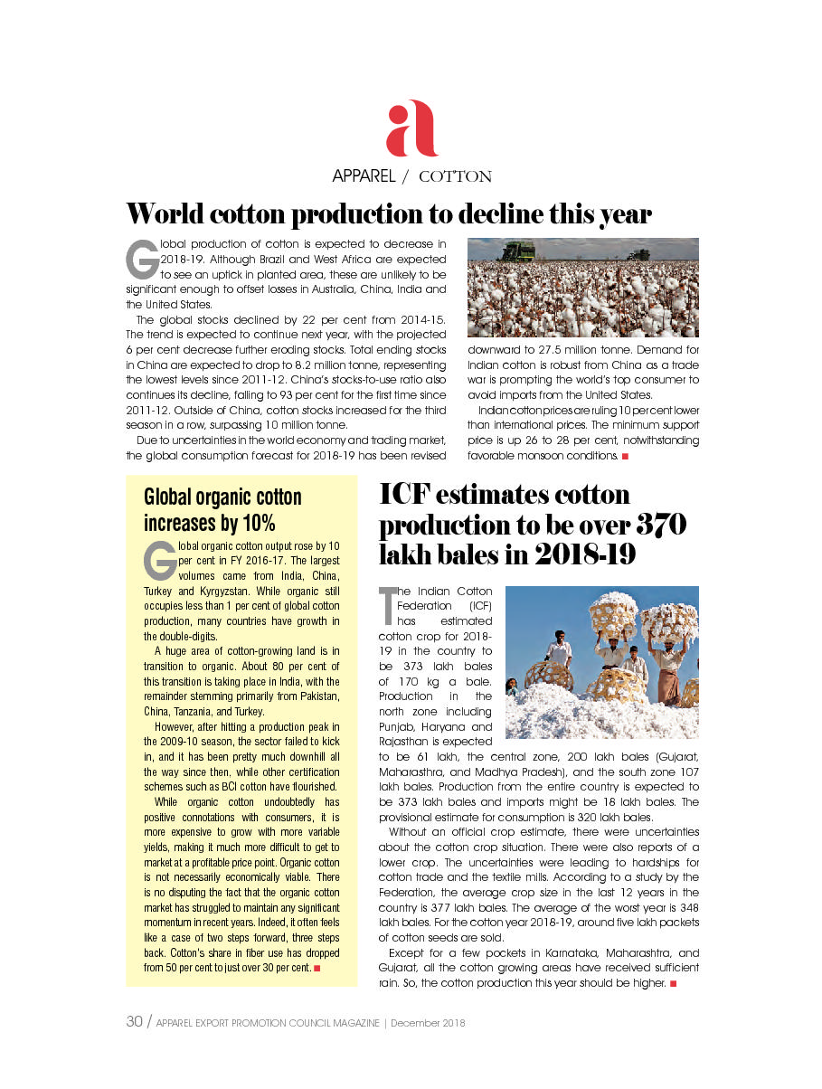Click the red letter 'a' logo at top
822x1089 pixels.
tap(411, 129)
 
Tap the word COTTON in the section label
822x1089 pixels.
tap(455, 176)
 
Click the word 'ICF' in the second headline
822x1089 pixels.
tap(407, 495)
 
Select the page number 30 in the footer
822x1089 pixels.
tap(134, 1022)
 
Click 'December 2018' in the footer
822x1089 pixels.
tap(428, 1023)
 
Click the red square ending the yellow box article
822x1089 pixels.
tap(317, 969)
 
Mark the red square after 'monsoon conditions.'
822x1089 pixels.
tap(625, 456)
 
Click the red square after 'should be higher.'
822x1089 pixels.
tap(674, 983)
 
